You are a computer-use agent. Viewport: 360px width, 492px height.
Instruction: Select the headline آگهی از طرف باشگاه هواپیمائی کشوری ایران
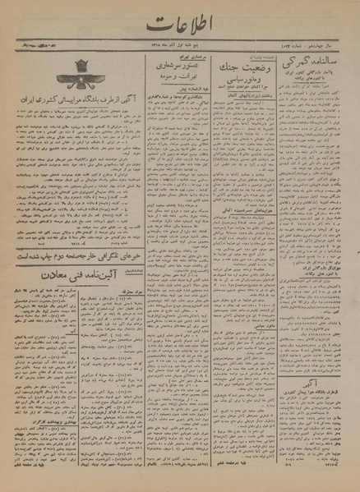click(67, 111)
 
